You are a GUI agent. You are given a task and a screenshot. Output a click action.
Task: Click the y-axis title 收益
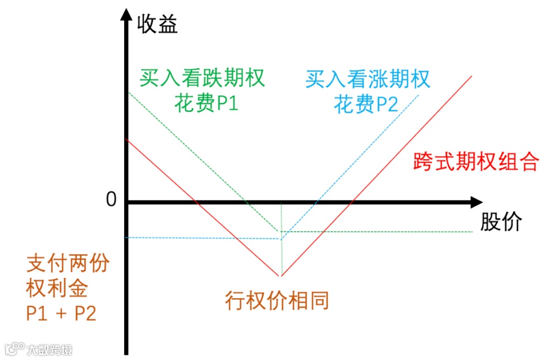pyautogui.click(x=157, y=24)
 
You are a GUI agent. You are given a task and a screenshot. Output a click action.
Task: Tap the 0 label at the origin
pyautogui.click(x=111, y=200)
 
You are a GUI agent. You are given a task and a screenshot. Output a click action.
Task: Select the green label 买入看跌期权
pyautogui.click(x=202, y=78)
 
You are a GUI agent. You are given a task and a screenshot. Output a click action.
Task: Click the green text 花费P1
pyautogui.click(x=206, y=105)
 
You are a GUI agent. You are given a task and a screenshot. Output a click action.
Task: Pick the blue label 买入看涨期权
pyautogui.click(x=368, y=79)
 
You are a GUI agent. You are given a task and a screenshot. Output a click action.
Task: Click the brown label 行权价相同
pyautogui.click(x=277, y=300)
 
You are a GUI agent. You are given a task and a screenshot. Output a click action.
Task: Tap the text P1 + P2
pyautogui.click(x=61, y=313)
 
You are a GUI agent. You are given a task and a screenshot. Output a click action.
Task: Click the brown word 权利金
pyautogui.click(x=57, y=289)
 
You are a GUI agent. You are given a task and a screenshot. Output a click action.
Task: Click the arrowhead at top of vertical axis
pyautogui.click(x=126, y=17)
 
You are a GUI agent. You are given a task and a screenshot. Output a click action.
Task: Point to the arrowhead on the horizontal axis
pyautogui.click(x=476, y=202)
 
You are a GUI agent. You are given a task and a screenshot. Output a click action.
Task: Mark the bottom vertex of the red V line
pyautogui.click(x=280, y=276)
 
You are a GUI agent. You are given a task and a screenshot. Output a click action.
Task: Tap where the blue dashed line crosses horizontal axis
pyautogui.click(x=316, y=202)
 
